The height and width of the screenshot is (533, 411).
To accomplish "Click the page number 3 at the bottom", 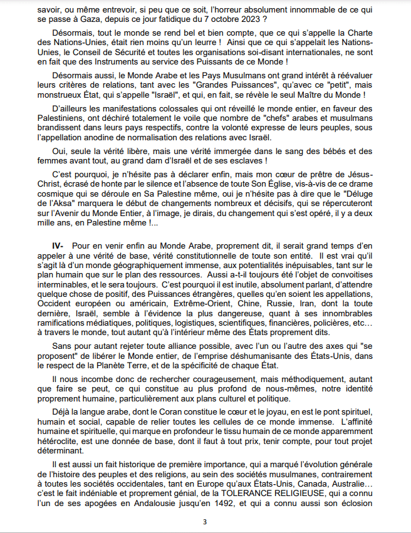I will point(205,522).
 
